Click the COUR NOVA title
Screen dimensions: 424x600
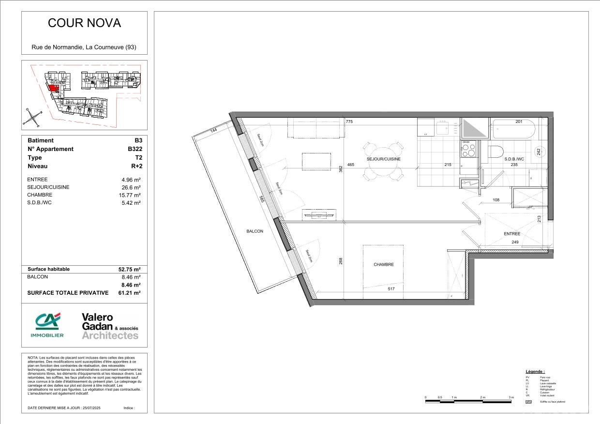pyautogui.click(x=84, y=23)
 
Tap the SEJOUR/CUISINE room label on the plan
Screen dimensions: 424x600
pyautogui.click(x=383, y=159)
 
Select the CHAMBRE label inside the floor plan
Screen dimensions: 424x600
pyautogui.click(x=383, y=265)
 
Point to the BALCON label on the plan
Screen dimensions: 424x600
pyautogui.click(x=255, y=231)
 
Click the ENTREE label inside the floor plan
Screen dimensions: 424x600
pyautogui.click(x=511, y=234)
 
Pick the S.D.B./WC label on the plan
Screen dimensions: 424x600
pyautogui.click(x=514, y=159)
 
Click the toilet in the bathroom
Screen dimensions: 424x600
pyautogui.click(x=496, y=151)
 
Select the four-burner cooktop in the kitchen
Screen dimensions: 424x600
pyautogui.click(x=468, y=149)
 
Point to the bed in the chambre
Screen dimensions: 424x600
pyautogui.click(x=383, y=271)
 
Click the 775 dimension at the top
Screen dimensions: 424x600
pyautogui.click(x=349, y=122)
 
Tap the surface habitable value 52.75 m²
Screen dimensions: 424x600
pyautogui.click(x=129, y=269)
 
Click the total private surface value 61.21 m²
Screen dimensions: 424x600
pyautogui.click(x=129, y=293)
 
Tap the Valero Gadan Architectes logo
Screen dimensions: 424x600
pyautogui.click(x=110, y=326)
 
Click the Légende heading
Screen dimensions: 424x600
pyautogui.click(x=535, y=371)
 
